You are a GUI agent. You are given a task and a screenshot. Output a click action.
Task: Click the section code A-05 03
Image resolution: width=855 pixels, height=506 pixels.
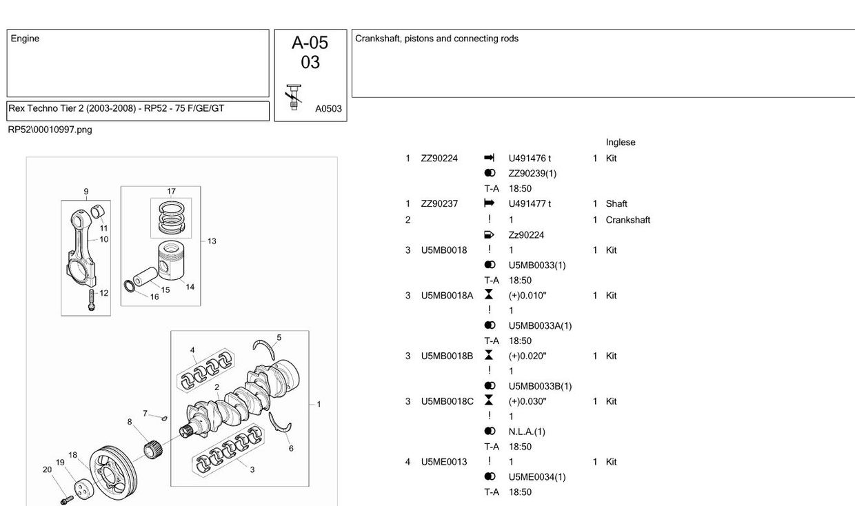pos(310,52)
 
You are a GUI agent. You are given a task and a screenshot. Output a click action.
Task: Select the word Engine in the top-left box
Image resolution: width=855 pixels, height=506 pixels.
pos(25,39)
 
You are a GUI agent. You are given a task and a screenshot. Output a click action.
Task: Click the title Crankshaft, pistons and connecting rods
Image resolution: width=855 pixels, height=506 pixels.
pos(436,39)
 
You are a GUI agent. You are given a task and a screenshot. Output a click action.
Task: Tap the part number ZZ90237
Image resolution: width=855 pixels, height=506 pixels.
pos(439,203)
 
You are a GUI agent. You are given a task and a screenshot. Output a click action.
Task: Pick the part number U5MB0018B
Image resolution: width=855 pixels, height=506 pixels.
pos(447,356)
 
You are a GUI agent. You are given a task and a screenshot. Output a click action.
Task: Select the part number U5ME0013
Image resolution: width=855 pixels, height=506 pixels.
pos(443,462)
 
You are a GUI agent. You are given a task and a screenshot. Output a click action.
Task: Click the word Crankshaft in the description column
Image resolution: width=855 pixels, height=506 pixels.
pos(627,220)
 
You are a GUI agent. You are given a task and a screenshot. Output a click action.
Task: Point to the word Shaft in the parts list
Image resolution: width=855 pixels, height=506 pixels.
pos(616,203)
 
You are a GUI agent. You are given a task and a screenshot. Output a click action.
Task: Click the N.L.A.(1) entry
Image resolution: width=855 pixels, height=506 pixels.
pos(527,432)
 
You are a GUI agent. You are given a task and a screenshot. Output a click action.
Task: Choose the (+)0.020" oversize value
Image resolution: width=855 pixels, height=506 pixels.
pos(527,356)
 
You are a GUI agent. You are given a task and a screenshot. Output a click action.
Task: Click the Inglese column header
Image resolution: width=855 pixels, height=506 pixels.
pos(620,142)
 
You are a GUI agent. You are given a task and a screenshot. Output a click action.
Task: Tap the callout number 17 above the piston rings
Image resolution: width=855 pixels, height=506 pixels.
pos(171,192)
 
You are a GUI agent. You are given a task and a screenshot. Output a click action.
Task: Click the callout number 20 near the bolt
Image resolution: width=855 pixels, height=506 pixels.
pos(47,469)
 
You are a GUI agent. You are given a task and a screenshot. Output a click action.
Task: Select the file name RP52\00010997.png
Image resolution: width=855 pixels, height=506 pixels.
pos(50,129)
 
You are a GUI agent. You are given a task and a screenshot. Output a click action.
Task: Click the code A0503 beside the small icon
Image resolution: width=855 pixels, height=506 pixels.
pos(328,108)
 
